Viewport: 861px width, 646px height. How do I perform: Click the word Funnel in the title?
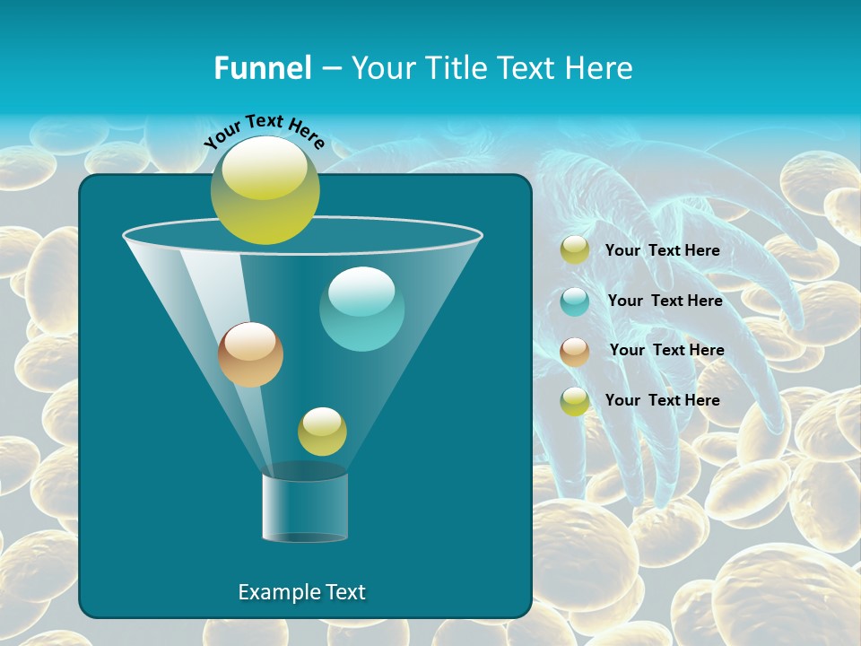pyautogui.click(x=262, y=68)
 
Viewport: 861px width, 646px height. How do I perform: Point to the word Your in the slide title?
pyautogui.click(x=380, y=68)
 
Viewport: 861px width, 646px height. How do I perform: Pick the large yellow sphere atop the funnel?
pyautogui.click(x=265, y=190)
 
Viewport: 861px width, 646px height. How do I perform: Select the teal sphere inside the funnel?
pyautogui.click(x=361, y=309)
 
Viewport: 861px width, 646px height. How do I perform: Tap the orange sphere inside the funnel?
pyautogui.click(x=250, y=354)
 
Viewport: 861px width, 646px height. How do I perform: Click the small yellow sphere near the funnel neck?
pyautogui.click(x=322, y=432)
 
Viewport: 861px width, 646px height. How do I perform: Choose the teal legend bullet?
pyautogui.click(x=575, y=301)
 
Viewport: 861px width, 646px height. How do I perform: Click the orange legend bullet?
pyautogui.click(x=575, y=352)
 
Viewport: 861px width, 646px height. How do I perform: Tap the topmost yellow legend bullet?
pyautogui.click(x=575, y=250)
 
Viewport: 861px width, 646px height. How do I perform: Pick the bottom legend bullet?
pyautogui.click(x=575, y=401)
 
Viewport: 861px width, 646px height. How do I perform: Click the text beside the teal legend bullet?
pyautogui.click(x=665, y=301)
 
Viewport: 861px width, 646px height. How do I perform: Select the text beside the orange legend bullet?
pyautogui.click(x=666, y=350)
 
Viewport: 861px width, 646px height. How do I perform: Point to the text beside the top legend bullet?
pyautogui.click(x=662, y=250)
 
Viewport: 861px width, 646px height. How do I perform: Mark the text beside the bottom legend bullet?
pyautogui.click(x=662, y=400)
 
